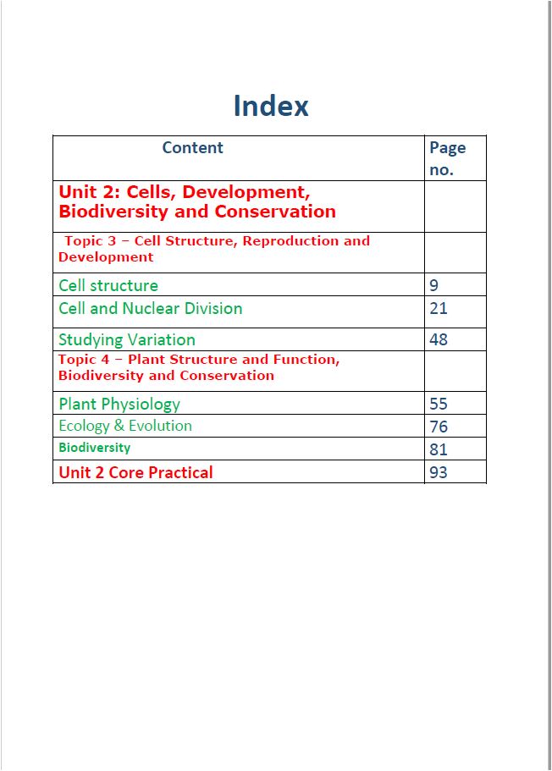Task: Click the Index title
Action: click(x=271, y=106)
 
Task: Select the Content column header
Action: click(x=192, y=147)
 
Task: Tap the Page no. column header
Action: click(x=447, y=158)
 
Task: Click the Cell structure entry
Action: click(x=108, y=285)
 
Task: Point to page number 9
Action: click(x=434, y=285)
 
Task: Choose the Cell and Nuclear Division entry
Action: click(x=151, y=308)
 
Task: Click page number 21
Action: click(x=439, y=308)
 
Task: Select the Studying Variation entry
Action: click(x=127, y=339)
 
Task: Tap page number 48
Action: click(x=439, y=339)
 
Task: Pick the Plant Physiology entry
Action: click(x=119, y=404)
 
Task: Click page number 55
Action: click(x=439, y=404)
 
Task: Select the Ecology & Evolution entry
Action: click(x=125, y=426)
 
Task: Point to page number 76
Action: click(x=439, y=427)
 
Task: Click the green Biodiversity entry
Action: click(x=95, y=447)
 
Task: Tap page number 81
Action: click(x=439, y=449)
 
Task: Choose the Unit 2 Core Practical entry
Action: click(x=135, y=472)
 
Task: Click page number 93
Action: click(x=439, y=472)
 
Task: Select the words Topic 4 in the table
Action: click(x=83, y=360)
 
